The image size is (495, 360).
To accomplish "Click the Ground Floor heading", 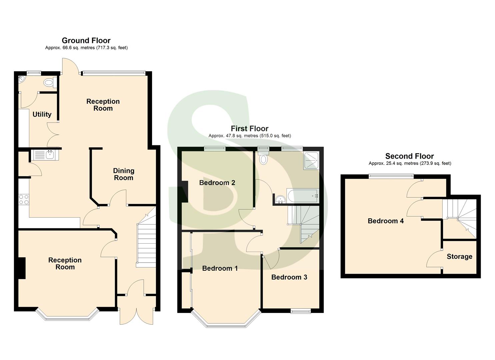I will tap(86, 41).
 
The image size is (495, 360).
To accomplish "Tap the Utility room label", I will tap(42, 114).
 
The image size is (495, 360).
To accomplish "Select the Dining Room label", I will tap(124, 174).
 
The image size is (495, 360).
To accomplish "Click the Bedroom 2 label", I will tap(217, 183).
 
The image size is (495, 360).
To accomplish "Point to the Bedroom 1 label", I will tap(220, 268).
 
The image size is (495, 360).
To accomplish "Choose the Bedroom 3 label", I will tap(289, 277).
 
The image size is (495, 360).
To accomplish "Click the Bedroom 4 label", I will tap(385, 221).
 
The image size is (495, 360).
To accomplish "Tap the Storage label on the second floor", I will tap(459, 256).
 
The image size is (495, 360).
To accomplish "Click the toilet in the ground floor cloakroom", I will tap(49, 82).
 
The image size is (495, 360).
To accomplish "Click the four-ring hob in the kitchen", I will tap(24, 199).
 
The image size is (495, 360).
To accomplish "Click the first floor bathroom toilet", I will tap(263, 157).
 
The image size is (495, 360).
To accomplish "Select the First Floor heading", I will tap(249, 129).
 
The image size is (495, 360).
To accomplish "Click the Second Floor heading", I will tap(409, 156).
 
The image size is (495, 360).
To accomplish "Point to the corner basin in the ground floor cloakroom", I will tap(21, 79).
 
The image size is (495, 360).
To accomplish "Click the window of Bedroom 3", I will tap(300, 311).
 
